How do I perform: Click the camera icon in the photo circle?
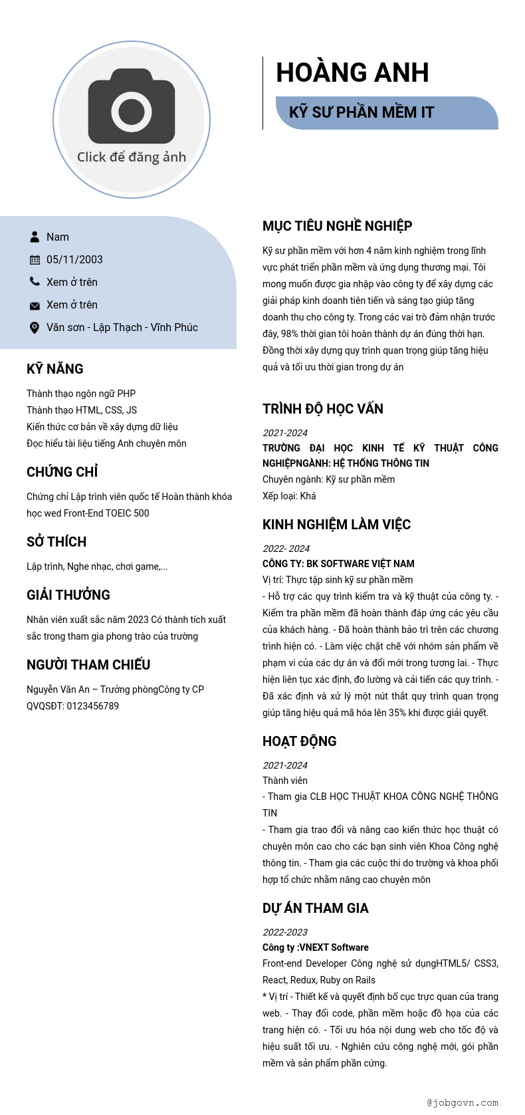click(132, 106)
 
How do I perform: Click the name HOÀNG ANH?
click(352, 72)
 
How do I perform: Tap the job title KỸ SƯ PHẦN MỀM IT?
click(362, 112)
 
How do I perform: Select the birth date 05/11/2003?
click(74, 260)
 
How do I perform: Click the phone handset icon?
click(35, 282)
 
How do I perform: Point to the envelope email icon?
click(35, 305)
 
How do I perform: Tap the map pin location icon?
click(35, 328)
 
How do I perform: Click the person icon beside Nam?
click(35, 237)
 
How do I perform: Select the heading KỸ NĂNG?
click(55, 369)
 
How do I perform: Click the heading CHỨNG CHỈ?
click(62, 472)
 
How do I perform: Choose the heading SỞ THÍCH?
click(56, 542)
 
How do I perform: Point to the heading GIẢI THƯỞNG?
click(68, 595)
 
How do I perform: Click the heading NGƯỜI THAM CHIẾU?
click(88, 665)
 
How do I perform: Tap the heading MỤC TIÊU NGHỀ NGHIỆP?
click(337, 226)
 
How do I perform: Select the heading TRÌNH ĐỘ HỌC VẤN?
click(323, 409)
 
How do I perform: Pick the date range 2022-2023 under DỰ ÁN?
click(285, 932)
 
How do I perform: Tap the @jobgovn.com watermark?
click(463, 1102)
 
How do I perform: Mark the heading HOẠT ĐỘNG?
click(300, 741)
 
